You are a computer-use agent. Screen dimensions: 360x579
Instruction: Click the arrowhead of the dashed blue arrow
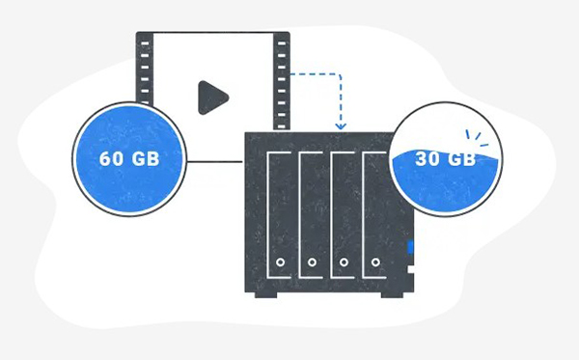click(340, 127)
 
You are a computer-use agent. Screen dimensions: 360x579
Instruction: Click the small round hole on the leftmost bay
click(280, 262)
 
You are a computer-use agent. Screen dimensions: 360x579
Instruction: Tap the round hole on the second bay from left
click(311, 262)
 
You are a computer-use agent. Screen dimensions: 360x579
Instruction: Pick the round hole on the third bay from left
click(343, 262)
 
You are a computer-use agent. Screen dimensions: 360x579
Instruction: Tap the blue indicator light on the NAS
click(410, 248)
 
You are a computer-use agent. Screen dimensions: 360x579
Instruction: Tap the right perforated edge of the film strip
click(281, 77)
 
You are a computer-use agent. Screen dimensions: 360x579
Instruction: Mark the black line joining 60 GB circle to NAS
click(213, 161)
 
